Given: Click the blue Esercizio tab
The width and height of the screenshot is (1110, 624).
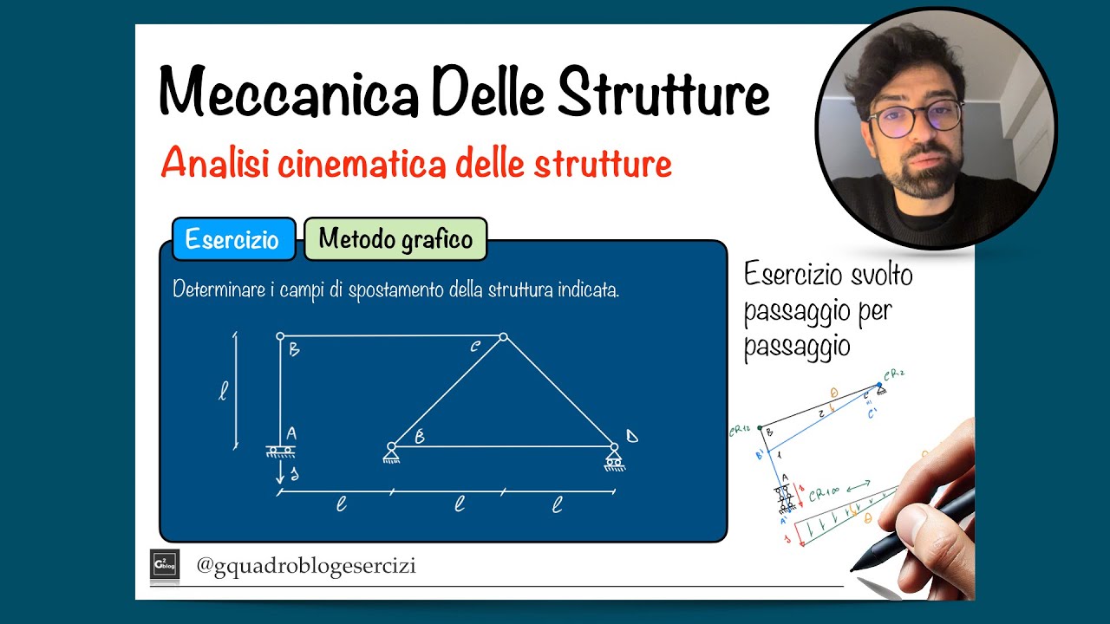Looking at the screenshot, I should (232, 239).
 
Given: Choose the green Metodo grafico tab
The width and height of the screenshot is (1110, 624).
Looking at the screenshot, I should (395, 238).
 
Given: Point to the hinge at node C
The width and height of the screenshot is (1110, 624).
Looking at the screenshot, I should (503, 337).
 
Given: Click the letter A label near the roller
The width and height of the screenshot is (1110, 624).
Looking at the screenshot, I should (291, 433).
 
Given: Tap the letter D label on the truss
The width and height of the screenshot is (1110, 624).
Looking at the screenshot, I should (631, 435).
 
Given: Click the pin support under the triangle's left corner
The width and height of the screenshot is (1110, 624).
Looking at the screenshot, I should (391, 452).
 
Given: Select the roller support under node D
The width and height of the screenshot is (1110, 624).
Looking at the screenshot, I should (614, 458).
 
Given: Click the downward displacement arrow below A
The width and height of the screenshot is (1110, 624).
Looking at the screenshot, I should (280, 471).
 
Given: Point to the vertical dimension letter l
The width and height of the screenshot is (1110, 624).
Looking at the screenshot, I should (222, 392).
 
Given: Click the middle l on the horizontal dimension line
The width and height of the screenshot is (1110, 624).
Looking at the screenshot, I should (460, 504).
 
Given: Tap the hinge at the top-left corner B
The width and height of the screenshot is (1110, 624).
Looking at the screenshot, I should (280, 335).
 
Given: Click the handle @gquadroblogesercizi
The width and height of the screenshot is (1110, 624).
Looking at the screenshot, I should (305, 566).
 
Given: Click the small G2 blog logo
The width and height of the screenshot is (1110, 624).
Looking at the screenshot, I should (165, 563).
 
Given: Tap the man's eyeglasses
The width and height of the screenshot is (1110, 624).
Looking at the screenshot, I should (916, 120).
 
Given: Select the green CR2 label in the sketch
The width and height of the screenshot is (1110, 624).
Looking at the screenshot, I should (894, 375).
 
